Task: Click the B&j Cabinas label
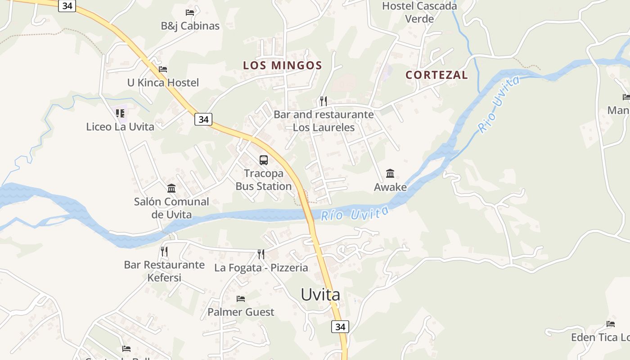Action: click(x=190, y=26)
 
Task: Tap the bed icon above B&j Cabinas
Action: click(x=190, y=12)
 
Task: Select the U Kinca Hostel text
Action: click(x=163, y=83)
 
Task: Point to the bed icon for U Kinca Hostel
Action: click(x=163, y=69)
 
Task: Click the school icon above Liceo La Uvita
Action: click(x=120, y=113)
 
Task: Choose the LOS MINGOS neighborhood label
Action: click(x=283, y=65)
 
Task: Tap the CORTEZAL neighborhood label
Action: click(x=436, y=75)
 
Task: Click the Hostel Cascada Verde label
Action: click(x=419, y=12)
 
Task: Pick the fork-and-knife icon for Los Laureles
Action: click(x=323, y=101)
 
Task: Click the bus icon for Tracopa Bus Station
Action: click(x=264, y=160)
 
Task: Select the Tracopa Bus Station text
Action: click(x=264, y=180)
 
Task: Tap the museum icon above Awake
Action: click(x=390, y=173)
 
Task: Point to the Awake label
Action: click(x=390, y=187)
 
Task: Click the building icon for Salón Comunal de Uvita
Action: click(x=171, y=188)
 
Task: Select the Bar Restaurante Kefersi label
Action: click(x=164, y=271)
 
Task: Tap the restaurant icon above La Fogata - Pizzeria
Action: click(x=261, y=254)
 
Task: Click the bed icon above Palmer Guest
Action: click(x=241, y=298)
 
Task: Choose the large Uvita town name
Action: click(x=320, y=295)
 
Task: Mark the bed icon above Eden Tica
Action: click(x=611, y=324)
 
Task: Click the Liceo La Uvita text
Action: click(x=120, y=127)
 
